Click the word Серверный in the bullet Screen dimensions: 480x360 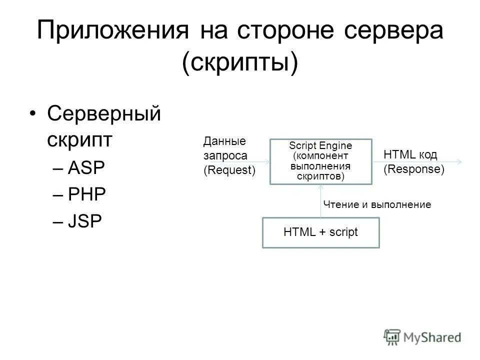(x=104, y=114)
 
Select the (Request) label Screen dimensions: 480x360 (x=229, y=170)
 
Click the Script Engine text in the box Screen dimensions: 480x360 (x=321, y=145)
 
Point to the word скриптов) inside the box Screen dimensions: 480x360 (x=321, y=176)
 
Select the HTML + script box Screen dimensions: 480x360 (x=321, y=232)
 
